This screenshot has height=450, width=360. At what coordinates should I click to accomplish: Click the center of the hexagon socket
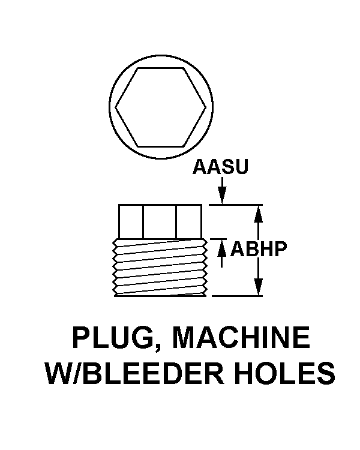[162, 108]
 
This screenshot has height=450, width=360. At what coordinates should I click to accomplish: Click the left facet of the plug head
[130, 221]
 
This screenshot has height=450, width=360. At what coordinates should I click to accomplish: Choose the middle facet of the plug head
[159, 221]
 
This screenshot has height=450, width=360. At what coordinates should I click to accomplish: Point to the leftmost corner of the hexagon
[116, 108]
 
